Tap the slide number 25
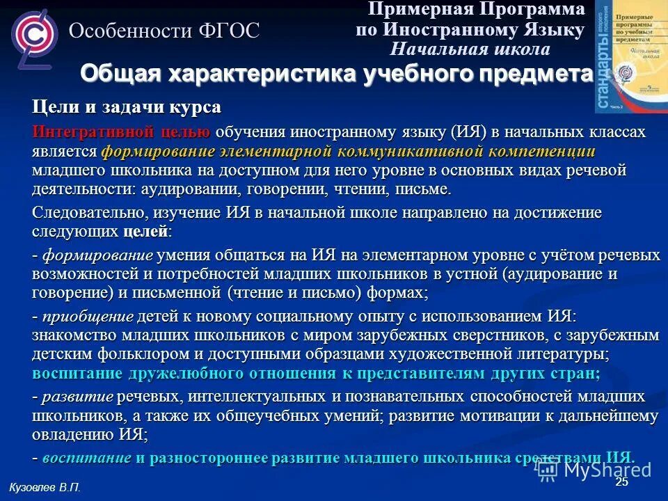pyautogui.click(x=621, y=482)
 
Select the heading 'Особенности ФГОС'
pyautogui.click(x=164, y=31)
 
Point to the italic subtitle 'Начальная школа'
pyautogui.click(x=470, y=49)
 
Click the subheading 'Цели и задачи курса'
pyautogui.click(x=127, y=108)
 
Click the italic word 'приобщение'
pyautogui.click(x=88, y=317)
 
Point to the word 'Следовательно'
pyautogui.click(x=86, y=212)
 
